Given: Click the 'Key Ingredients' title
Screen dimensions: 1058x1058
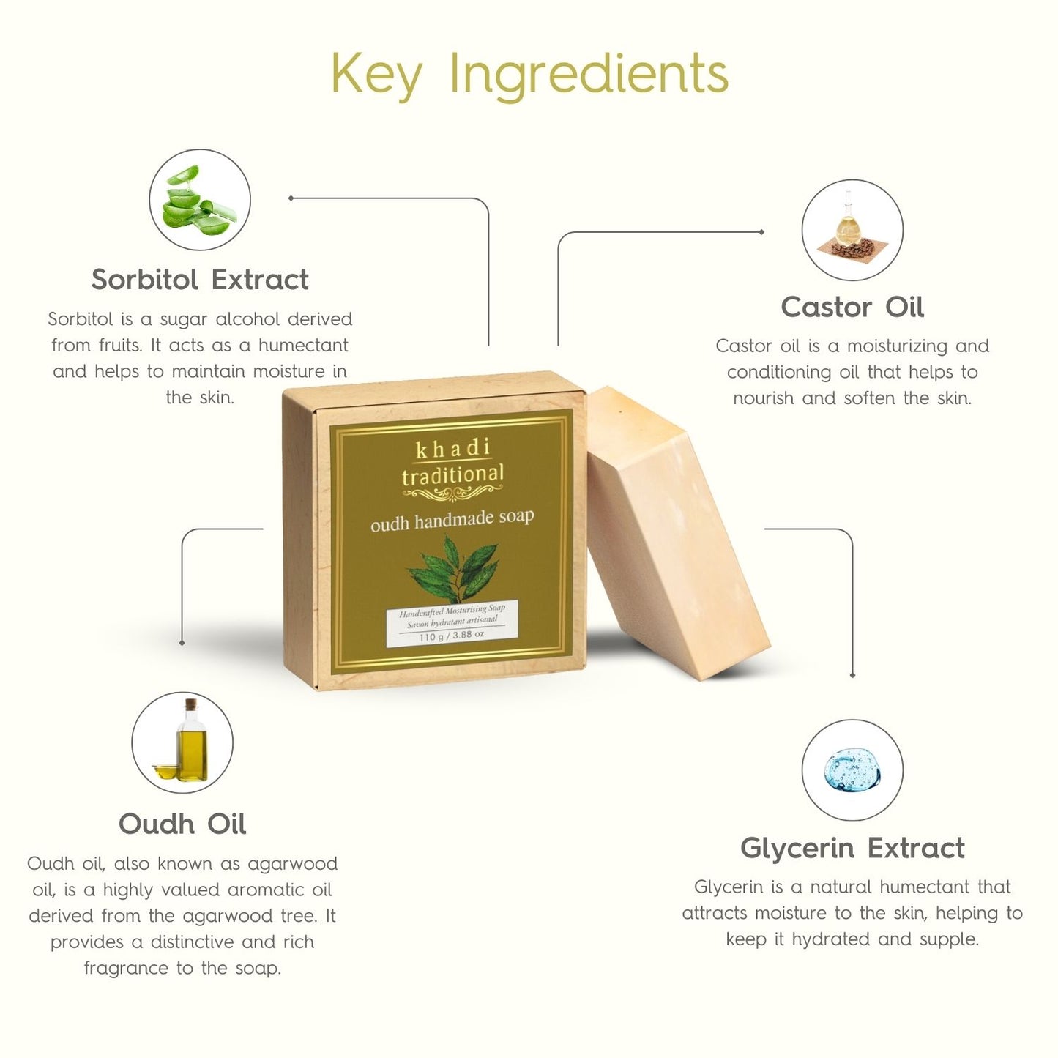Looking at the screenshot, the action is (530, 74).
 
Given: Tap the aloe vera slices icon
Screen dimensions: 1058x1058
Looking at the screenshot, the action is (199, 201).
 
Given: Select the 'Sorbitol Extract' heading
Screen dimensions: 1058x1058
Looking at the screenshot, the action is (200, 280).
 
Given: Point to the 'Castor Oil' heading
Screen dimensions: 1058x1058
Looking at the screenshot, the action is (852, 307).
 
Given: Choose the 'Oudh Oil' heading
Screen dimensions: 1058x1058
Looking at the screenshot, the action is (182, 824).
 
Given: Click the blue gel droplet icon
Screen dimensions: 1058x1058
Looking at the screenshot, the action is (852, 770).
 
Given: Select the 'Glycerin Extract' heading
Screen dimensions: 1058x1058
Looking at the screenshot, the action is (852, 849).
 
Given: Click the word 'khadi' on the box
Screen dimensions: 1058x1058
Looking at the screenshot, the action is (453, 448).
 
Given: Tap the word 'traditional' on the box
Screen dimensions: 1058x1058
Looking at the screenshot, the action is (453, 474).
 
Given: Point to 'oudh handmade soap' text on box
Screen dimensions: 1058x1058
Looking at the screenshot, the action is (452, 519).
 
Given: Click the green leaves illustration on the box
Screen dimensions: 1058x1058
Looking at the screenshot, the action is (453, 568).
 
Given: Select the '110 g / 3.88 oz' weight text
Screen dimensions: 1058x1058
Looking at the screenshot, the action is (451, 636).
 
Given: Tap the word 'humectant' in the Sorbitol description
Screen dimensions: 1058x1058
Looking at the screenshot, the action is (303, 346).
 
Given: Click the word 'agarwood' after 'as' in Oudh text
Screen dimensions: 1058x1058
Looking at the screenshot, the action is (292, 864).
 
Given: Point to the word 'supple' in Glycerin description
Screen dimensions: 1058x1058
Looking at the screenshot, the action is (950, 939).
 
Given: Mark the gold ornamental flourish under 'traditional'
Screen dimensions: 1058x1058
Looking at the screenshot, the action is (453, 494).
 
